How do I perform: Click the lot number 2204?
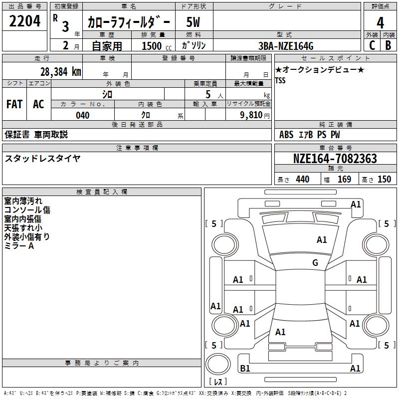(x=24, y=21)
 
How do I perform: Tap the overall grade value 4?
(x=380, y=23)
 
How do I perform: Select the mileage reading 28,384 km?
(x=60, y=72)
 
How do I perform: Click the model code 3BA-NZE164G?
(x=286, y=46)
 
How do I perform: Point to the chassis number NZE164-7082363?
(x=335, y=158)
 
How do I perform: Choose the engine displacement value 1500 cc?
(x=157, y=46)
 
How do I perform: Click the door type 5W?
(x=193, y=22)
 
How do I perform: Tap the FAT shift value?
(x=14, y=104)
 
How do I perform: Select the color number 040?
(x=82, y=115)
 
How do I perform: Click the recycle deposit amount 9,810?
(x=251, y=115)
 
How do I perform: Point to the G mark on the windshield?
(x=315, y=263)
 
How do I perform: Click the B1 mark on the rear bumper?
(x=245, y=368)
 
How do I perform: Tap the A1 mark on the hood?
(x=322, y=240)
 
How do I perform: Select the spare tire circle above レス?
(x=218, y=364)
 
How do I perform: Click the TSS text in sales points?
(x=280, y=80)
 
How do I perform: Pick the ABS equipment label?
(x=286, y=135)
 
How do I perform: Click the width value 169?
(x=344, y=179)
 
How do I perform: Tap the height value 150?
(x=384, y=179)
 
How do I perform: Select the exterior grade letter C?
(x=372, y=45)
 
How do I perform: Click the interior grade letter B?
(x=388, y=45)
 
